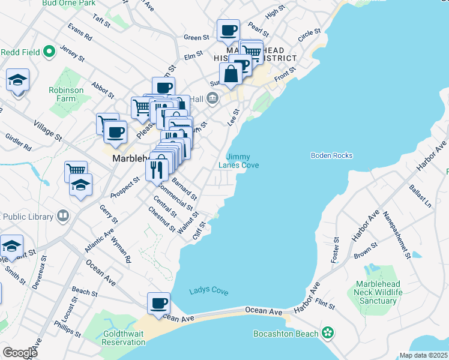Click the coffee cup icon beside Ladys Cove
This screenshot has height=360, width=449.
pyautogui.click(x=160, y=304)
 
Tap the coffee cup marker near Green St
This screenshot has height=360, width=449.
pyautogui.click(x=228, y=31)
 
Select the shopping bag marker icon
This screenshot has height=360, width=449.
pyautogui.click(x=231, y=75)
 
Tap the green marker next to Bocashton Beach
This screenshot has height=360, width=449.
pyautogui.click(x=328, y=332)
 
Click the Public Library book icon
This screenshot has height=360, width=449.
pyautogui.click(x=62, y=216)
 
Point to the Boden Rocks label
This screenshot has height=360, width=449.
pyautogui.click(x=331, y=155)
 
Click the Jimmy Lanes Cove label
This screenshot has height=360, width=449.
pyautogui.click(x=238, y=161)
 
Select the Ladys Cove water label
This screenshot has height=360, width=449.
pyautogui.click(x=209, y=291)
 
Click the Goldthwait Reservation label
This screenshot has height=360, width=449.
pyautogui.click(x=115, y=338)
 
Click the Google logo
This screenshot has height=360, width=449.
pyautogui.click(x=20, y=353)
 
